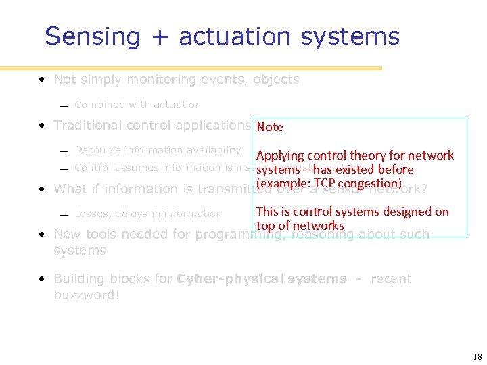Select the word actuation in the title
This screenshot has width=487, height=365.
[x=235, y=36]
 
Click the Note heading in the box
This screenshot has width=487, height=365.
[x=270, y=127]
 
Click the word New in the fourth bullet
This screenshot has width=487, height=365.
[x=66, y=235]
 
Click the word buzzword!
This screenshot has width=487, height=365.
[x=86, y=295]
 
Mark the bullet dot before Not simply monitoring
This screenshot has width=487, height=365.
[x=42, y=80]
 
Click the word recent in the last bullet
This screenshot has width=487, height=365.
[x=390, y=278]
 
